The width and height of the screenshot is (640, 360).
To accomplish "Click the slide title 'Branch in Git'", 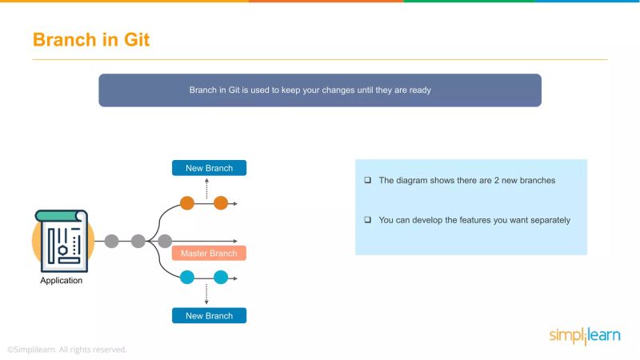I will (90, 39).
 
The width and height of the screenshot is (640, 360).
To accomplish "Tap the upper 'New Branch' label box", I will (209, 168).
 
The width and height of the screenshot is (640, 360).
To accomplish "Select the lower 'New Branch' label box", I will (209, 315).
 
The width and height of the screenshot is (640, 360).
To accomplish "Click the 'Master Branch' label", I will (209, 254).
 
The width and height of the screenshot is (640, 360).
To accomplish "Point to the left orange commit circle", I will (187, 203).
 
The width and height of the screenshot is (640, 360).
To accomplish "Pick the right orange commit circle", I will (221, 203).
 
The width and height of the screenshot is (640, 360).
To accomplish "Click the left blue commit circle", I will (187, 278).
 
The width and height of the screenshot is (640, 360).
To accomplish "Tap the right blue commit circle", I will (221, 278).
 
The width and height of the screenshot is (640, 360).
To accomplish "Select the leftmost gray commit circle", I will (111, 241).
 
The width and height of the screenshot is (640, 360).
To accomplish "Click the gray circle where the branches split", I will (165, 241).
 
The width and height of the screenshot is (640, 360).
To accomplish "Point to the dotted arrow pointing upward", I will (207, 187).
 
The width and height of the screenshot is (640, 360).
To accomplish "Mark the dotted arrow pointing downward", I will (207, 294).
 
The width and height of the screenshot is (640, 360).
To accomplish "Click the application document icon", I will (61, 238).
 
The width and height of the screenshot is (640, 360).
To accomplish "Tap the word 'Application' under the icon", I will (61, 281).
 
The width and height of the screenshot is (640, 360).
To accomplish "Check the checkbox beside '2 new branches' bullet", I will (367, 181).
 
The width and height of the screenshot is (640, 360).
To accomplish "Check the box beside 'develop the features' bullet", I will (367, 220).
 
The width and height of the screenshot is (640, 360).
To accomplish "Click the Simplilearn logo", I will (584, 335).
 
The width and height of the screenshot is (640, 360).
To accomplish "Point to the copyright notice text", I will (66, 350).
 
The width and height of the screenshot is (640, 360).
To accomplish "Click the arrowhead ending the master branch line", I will (234, 241).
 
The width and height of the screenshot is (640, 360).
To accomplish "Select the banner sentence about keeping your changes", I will (310, 90).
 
